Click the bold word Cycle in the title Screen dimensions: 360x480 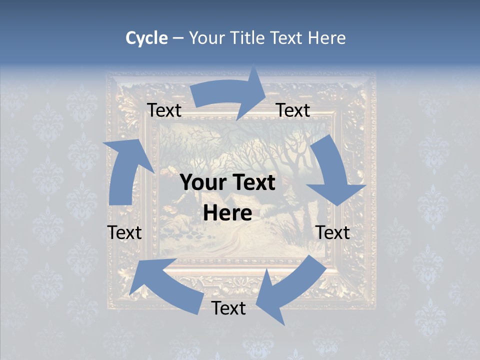click(146, 38)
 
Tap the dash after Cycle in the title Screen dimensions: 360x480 click(178, 38)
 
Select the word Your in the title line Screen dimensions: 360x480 click(207, 38)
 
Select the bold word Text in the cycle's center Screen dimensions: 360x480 click(252, 182)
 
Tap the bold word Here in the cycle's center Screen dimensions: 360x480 click(227, 213)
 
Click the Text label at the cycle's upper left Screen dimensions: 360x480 click(164, 110)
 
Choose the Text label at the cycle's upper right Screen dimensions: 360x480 click(293, 110)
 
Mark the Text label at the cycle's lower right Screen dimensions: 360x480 click(333, 232)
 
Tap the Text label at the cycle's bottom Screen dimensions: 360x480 click(228, 308)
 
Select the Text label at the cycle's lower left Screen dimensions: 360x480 click(124, 232)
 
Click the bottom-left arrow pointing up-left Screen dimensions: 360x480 click(165, 282)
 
